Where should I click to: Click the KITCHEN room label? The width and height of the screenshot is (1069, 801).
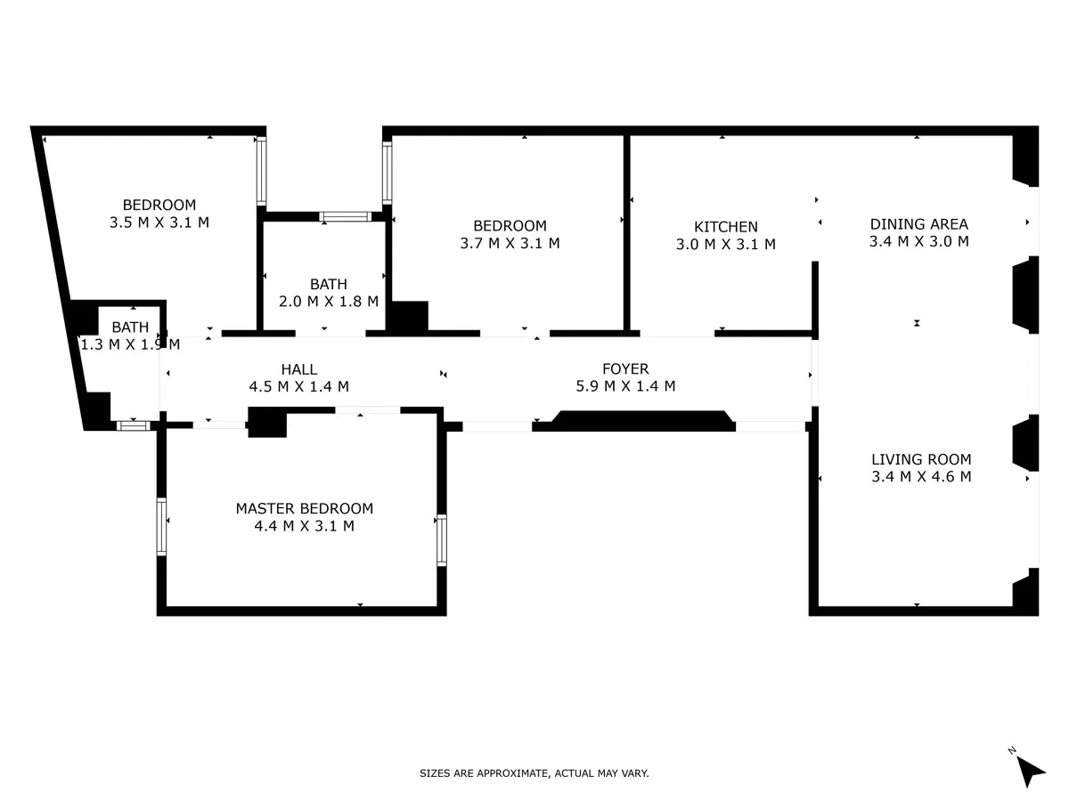click(725, 227)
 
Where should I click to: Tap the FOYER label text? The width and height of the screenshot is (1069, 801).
click(625, 368)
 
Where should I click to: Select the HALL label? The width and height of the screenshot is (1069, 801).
click(299, 369)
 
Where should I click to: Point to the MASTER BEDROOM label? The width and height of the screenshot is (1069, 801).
click(305, 508)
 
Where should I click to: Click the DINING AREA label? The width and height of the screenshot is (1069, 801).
click(919, 224)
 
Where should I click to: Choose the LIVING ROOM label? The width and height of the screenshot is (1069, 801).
click(921, 459)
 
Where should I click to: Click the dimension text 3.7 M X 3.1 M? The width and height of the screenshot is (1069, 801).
click(510, 243)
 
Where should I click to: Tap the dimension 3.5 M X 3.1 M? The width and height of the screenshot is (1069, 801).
click(159, 222)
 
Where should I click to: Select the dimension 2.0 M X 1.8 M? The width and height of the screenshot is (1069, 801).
click(329, 302)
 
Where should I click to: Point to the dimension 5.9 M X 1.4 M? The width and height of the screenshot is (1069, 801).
click(625, 386)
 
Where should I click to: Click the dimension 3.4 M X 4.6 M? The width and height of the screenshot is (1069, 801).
click(921, 477)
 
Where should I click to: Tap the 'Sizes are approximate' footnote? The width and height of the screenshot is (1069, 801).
click(534, 773)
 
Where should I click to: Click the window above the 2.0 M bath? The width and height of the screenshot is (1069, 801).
click(346, 216)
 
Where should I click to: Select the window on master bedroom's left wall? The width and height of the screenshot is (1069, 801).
click(161, 526)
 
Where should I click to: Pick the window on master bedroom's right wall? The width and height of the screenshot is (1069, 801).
click(442, 540)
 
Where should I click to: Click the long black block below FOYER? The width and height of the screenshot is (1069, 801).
click(638, 421)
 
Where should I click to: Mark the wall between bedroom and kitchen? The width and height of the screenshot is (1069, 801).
click(627, 232)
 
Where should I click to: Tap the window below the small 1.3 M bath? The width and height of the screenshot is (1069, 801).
click(134, 426)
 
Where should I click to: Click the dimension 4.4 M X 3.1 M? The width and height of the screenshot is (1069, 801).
click(305, 526)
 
